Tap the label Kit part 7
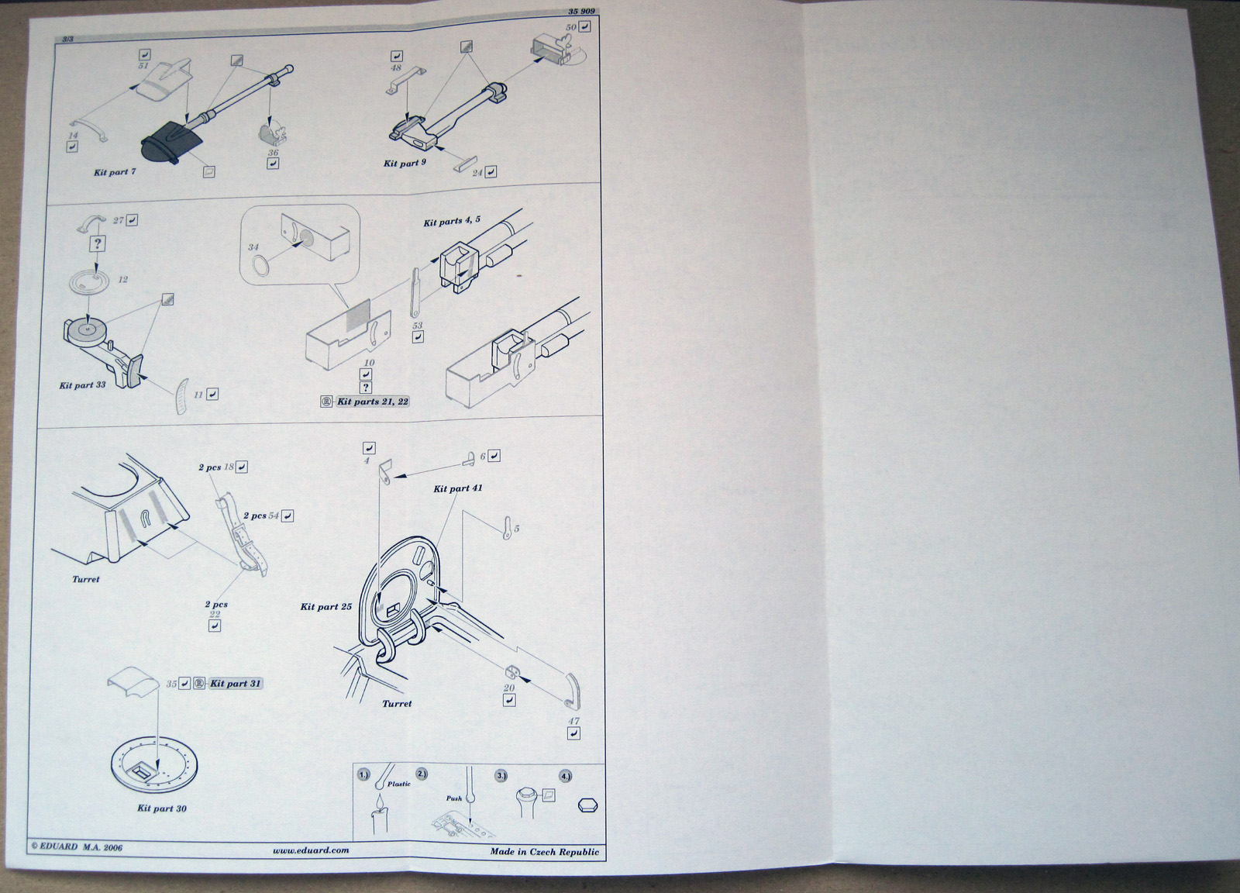[115, 172]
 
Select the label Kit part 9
[405, 164]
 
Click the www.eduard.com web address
[311, 850]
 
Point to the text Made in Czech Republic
[544, 852]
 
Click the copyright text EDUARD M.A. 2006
[77, 847]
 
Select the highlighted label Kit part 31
[236, 684]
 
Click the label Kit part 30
[161, 809]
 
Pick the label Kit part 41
[458, 488]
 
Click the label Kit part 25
[325, 606]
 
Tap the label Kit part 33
[82, 385]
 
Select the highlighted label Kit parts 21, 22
[372, 402]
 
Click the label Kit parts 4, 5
[452, 222]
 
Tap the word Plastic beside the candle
[399, 784]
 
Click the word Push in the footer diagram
[453, 798]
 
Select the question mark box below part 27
[98, 243]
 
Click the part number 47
[574, 721]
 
